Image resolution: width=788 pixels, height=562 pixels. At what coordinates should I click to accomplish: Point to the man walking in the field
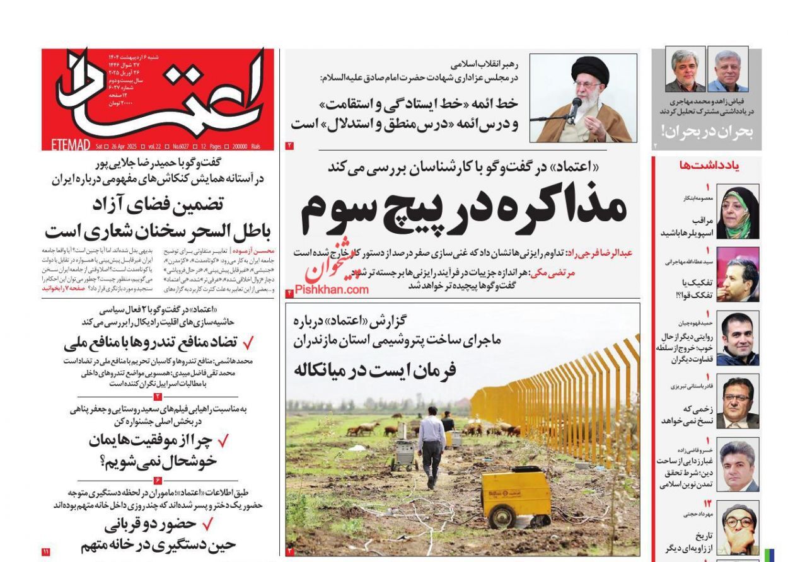point(431,446)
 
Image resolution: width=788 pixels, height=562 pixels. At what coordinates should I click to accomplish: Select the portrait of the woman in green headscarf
point(738,212)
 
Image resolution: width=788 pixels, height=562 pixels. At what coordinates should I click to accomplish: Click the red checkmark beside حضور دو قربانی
point(207,524)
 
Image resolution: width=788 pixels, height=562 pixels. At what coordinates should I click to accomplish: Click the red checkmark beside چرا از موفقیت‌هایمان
point(223,442)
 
